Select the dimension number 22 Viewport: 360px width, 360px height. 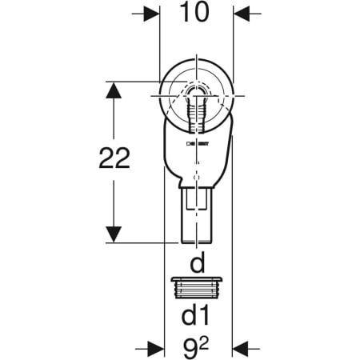point(114,160)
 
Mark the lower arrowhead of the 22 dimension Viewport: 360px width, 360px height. point(114,234)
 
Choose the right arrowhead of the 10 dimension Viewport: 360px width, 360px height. point(241,14)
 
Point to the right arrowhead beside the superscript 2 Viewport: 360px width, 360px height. point(241,349)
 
